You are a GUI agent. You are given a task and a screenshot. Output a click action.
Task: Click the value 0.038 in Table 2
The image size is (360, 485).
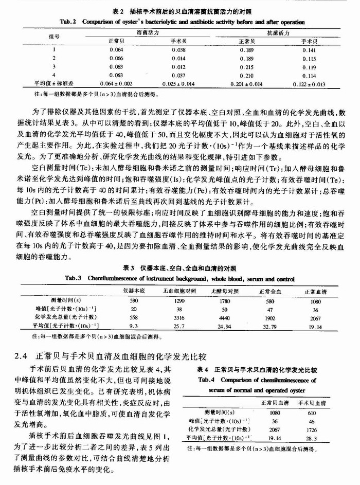coord(178,50)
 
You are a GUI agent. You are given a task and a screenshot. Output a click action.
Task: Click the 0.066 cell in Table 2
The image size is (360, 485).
coord(117,59)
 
